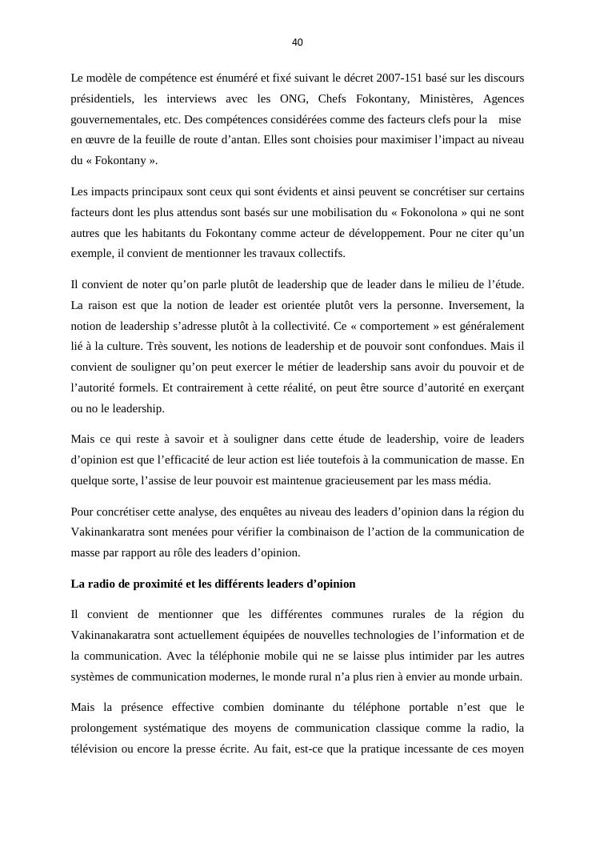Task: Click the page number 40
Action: [x=298, y=42]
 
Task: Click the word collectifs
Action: [x=323, y=254]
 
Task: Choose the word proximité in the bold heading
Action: [x=159, y=584]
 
